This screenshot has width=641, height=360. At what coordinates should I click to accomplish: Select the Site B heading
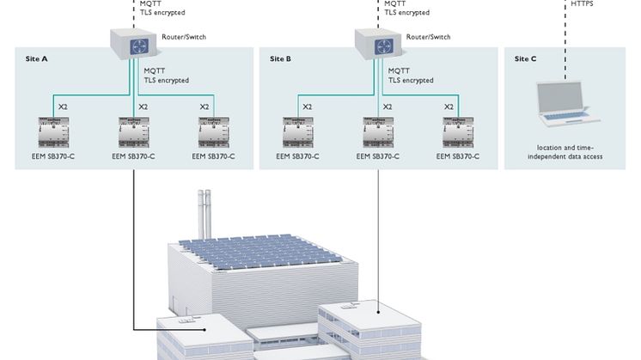click(x=281, y=58)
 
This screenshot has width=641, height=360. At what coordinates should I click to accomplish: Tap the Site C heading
click(x=526, y=58)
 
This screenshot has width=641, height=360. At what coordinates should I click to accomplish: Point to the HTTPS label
click(x=583, y=4)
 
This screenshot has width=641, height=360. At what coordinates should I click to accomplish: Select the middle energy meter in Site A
click(x=134, y=134)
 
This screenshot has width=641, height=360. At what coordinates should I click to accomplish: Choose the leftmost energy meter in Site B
click(x=297, y=134)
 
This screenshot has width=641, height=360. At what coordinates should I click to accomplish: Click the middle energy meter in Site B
click(x=378, y=134)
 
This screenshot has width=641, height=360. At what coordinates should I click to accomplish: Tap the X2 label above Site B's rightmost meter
click(x=449, y=107)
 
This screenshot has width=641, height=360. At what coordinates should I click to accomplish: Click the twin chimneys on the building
click(x=205, y=211)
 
